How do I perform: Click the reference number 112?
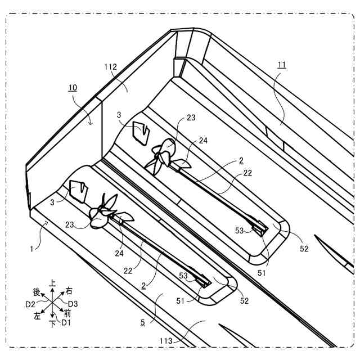pyautogui.click(x=110, y=66)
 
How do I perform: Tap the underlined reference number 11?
pyautogui.click(x=281, y=65)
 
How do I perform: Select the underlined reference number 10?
pyautogui.click(x=73, y=88)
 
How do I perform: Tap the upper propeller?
pyautogui.click(x=164, y=156)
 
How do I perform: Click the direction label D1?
pyautogui.click(x=66, y=322)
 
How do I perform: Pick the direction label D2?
pyautogui.click(x=31, y=304)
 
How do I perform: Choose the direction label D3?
pyautogui.click(x=74, y=304)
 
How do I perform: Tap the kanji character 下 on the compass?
pyautogui.click(x=52, y=324)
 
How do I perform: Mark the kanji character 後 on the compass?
pyautogui.click(x=37, y=292)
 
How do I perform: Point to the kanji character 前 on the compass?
pyautogui.click(x=67, y=313)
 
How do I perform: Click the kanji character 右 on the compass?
pyautogui.click(x=69, y=291)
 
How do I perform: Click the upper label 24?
pyautogui.click(x=202, y=141)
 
